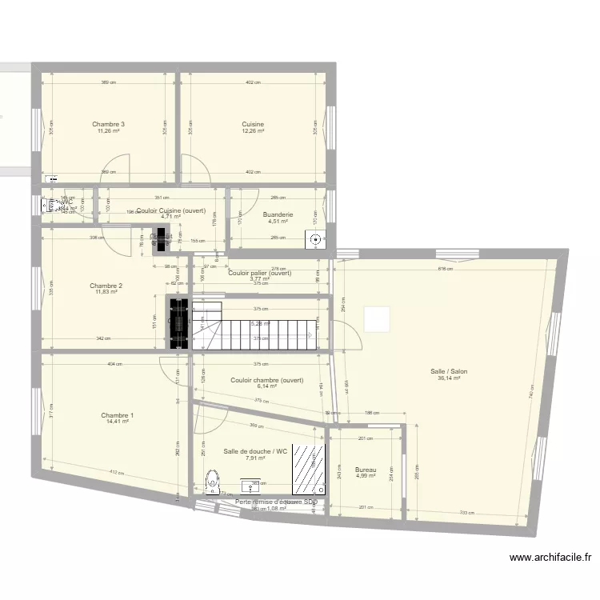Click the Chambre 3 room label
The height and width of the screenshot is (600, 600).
108,124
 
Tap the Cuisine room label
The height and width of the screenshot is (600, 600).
253,124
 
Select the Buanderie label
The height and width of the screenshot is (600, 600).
278,214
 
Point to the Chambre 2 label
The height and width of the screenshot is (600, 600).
106,286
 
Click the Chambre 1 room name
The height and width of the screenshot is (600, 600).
117,415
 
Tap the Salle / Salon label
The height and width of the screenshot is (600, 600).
449,371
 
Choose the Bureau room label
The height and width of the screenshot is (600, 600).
366,470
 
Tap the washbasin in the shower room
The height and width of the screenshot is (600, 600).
257,486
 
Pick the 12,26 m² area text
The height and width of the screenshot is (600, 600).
253,131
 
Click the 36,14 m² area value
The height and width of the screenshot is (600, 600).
449,378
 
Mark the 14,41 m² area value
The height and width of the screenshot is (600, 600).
117,422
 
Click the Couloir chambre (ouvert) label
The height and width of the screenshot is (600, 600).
266,380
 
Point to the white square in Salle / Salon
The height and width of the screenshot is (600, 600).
377,319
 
